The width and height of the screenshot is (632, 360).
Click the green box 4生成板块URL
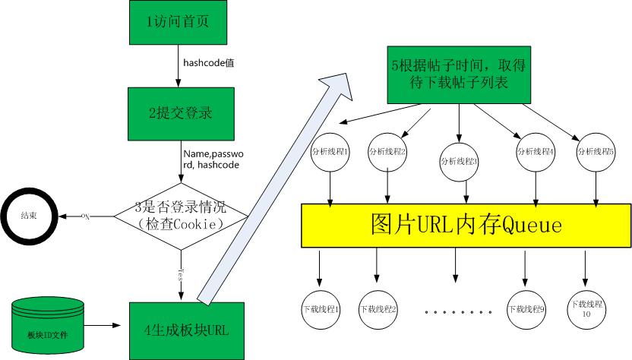(187, 330)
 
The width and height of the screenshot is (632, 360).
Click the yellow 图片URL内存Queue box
(466, 226)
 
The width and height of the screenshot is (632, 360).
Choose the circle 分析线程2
(387, 152)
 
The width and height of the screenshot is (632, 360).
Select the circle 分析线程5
(596, 151)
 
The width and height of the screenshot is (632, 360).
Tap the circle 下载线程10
(586, 309)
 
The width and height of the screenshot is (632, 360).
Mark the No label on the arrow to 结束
(86, 216)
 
